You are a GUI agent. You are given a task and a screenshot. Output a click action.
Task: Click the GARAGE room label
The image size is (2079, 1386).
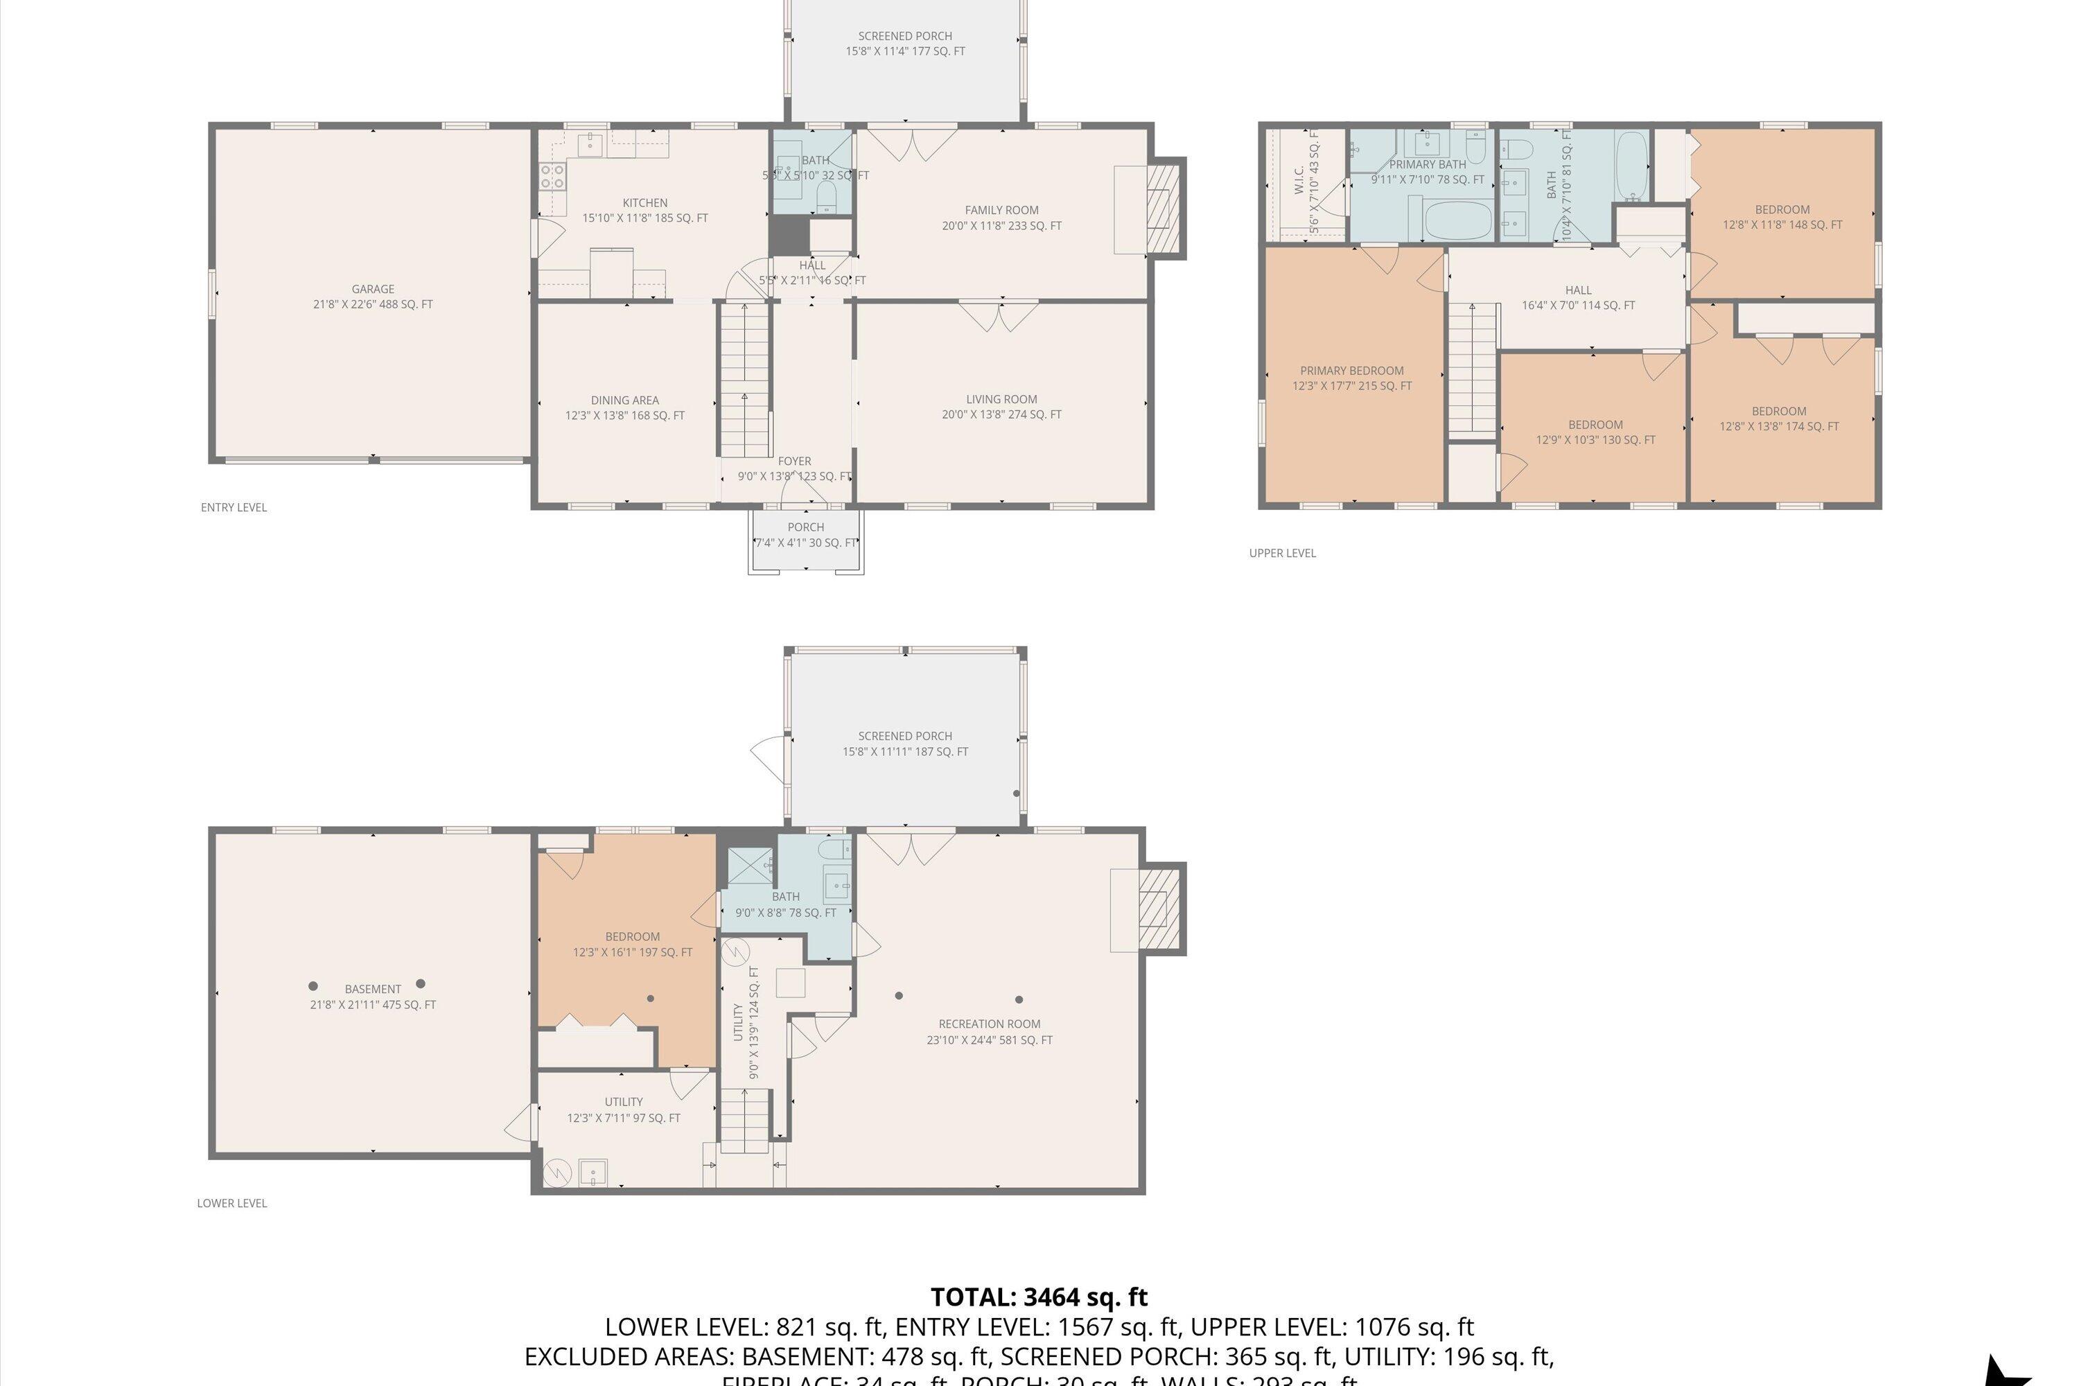[x=372, y=289]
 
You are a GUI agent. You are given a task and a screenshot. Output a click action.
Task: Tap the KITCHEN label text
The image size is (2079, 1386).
[x=644, y=203]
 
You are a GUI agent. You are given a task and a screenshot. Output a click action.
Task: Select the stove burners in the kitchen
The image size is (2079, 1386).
[x=552, y=177]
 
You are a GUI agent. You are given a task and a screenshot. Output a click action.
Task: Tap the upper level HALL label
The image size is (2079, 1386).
[x=1578, y=290]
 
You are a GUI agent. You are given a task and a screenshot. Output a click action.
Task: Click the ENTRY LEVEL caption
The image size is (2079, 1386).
[x=234, y=507]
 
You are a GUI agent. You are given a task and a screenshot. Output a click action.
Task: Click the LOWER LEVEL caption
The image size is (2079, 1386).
[x=231, y=1203]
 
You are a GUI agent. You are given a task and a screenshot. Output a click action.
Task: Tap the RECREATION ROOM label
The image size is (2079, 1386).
[x=989, y=1024]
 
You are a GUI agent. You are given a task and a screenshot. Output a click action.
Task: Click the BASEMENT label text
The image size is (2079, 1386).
[x=372, y=989]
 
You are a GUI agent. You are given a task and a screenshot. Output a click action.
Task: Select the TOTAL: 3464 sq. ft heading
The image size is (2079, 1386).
[x=1039, y=1297]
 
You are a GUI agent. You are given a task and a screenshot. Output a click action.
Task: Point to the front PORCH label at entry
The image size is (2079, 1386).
[x=805, y=527]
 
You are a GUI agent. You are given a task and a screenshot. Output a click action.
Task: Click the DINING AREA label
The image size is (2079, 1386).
[x=624, y=401]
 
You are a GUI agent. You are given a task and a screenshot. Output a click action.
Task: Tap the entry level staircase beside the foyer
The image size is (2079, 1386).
[x=744, y=380]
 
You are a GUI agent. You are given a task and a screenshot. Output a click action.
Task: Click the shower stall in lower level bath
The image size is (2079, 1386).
[x=748, y=866]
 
